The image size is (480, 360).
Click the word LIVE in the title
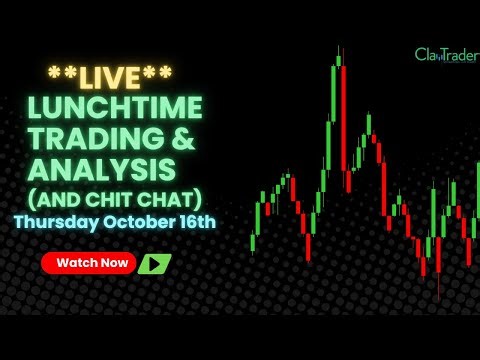point(110,76)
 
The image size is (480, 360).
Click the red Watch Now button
point(88,263)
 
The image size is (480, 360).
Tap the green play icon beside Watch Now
point(154,264)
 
